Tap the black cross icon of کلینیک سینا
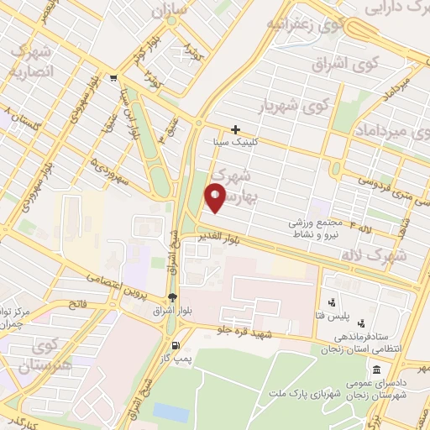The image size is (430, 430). (235, 129)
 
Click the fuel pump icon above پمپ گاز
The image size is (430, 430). (175, 345)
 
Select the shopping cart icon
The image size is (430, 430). (113, 79)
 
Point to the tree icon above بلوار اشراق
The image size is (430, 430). (172, 296)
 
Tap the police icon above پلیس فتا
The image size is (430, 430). (331, 302)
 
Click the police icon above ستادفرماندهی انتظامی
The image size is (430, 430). (362, 323)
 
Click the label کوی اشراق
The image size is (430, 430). (344, 63)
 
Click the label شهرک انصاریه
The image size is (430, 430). (30, 61)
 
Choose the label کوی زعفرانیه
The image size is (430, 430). (306, 24)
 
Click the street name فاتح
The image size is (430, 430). (76, 304)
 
